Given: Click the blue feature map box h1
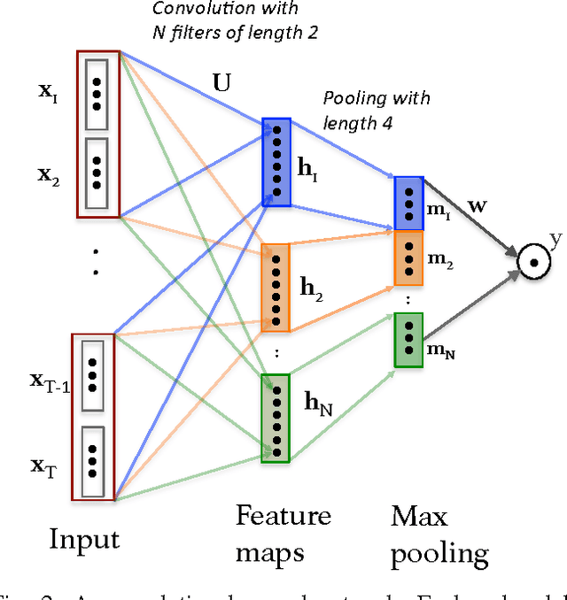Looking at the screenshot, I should [276, 160].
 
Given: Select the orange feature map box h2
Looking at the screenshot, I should [276, 287].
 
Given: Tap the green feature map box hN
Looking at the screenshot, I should [276, 417].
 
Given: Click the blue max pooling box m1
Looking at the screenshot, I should [408, 203].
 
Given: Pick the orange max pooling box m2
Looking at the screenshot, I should [408, 258].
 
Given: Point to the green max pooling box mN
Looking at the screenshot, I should [408, 340].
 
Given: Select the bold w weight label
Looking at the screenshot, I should [452, 206].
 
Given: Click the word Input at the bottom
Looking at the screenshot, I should [83, 538].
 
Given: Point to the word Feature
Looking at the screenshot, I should [283, 516].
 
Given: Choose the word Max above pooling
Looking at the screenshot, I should [420, 516].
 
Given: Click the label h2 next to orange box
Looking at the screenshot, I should [310, 288].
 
